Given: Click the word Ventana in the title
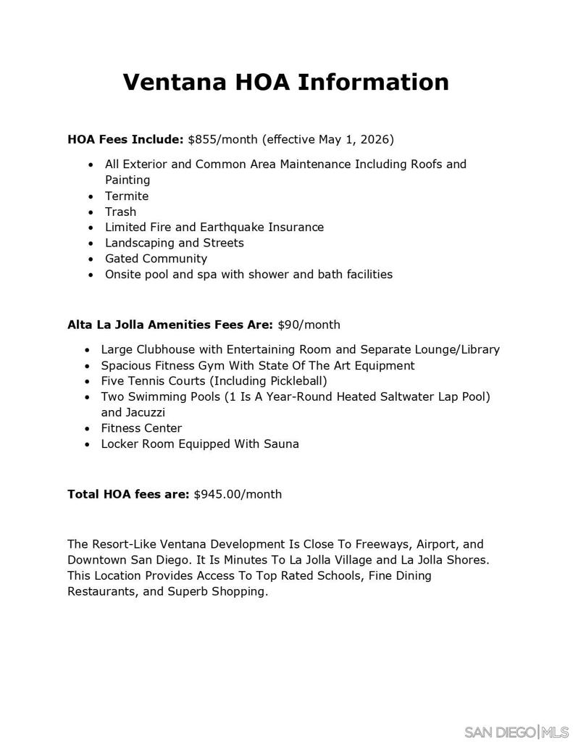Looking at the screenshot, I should [x=175, y=82].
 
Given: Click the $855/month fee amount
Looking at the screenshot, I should [x=222, y=139].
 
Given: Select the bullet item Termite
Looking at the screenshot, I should [x=127, y=196].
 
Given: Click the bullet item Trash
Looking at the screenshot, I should [x=120, y=212].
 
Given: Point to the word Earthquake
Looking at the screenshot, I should [x=228, y=228].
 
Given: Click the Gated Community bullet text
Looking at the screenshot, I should [x=156, y=259].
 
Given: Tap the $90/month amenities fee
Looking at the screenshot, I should [x=309, y=325].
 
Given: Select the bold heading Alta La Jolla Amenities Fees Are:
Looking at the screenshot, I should [x=170, y=325].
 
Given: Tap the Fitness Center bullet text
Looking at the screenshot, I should [x=141, y=428].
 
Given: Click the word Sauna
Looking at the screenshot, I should [x=281, y=444].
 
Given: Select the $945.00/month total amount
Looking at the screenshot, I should [x=238, y=494].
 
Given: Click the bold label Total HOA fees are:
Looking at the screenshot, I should [x=128, y=494].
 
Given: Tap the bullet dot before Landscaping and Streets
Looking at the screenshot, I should [x=91, y=243].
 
